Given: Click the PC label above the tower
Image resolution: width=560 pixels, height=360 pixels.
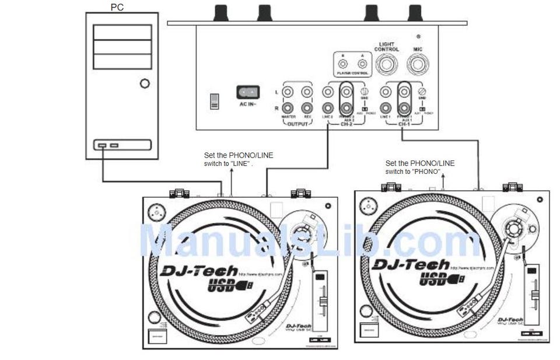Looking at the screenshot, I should pyautogui.click(x=117, y=7).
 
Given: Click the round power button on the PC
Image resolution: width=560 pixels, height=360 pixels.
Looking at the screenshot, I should pyautogui.click(x=145, y=84).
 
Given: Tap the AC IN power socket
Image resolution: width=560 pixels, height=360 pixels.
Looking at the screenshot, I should pyautogui.click(x=247, y=92).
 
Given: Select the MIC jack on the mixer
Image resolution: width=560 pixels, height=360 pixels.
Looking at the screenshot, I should pyautogui.click(x=418, y=65).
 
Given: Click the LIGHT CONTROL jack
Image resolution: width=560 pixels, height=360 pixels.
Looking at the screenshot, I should pyautogui.click(x=387, y=65).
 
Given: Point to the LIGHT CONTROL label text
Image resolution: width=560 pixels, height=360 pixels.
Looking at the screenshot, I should pyautogui.click(x=387, y=47).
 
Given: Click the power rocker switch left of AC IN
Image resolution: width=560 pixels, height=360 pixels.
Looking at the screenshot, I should pyautogui.click(x=215, y=101).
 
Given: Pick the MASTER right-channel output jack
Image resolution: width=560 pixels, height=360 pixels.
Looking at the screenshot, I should pyautogui.click(x=288, y=107).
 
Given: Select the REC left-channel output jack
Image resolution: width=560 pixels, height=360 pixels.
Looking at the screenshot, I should pyautogui.click(x=307, y=92).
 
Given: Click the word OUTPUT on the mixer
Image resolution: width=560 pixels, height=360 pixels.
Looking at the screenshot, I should pyautogui.click(x=297, y=124).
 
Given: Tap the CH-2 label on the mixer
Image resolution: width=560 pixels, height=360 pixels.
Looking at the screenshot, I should pyautogui.click(x=346, y=124).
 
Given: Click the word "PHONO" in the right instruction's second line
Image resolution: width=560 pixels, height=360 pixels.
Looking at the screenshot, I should pyautogui.click(x=428, y=172).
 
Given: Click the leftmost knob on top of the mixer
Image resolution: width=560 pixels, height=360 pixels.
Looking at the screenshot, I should pyautogui.click(x=221, y=12).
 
